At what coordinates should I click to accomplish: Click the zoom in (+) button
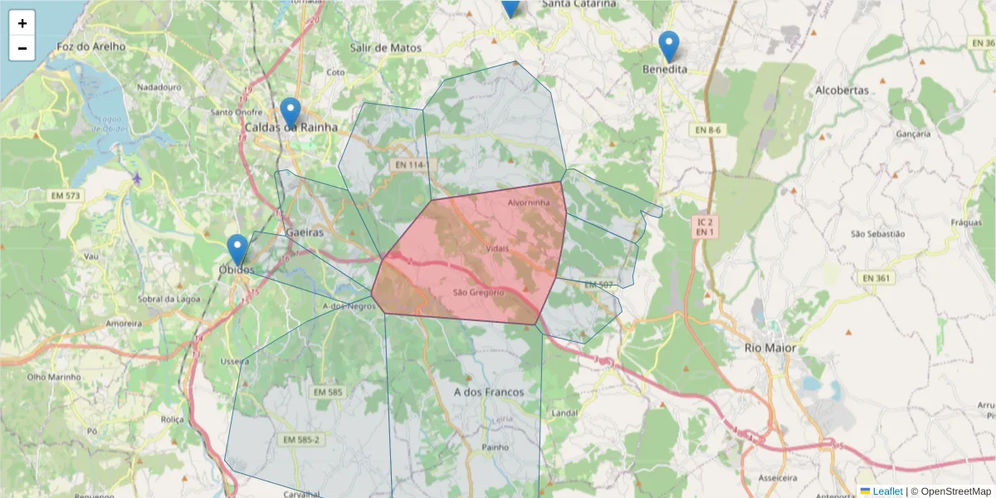point(22,23)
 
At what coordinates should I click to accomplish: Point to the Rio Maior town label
point(769,348)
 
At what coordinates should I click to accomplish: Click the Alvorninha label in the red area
point(528,203)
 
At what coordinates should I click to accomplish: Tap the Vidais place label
point(497,249)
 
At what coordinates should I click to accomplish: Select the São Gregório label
point(479,292)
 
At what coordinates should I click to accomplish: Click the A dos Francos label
point(489,392)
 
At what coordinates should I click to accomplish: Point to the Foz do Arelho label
point(91,47)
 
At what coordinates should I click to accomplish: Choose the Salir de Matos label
point(385,48)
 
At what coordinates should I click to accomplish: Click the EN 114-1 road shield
point(413,166)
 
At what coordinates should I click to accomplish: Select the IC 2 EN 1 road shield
point(704,227)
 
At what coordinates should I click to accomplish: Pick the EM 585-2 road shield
point(300,440)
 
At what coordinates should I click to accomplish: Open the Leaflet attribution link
point(886,491)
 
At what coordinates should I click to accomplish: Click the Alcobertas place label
point(842,90)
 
